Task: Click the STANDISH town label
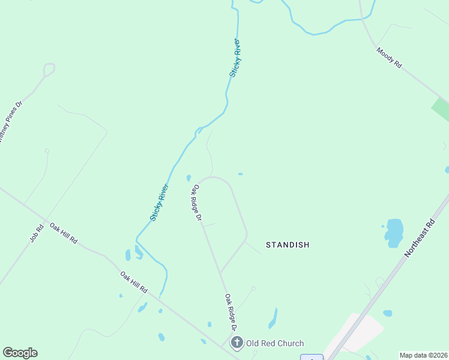click(x=288, y=245)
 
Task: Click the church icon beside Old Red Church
click(x=237, y=343)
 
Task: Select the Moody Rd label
click(x=389, y=58)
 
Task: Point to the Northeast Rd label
click(x=419, y=238)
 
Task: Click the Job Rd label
click(x=37, y=233)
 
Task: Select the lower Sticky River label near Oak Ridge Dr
click(x=160, y=202)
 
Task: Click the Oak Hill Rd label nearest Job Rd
click(x=64, y=233)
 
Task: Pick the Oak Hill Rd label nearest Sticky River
click(x=134, y=282)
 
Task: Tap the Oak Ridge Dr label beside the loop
click(x=196, y=203)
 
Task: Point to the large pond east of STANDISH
click(x=394, y=232)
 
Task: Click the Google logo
click(x=20, y=353)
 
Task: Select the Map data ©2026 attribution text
click(x=423, y=355)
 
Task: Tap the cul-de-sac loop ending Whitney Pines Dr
click(x=49, y=69)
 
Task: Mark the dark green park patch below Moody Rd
click(x=441, y=110)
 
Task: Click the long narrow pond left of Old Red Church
click(x=273, y=318)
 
